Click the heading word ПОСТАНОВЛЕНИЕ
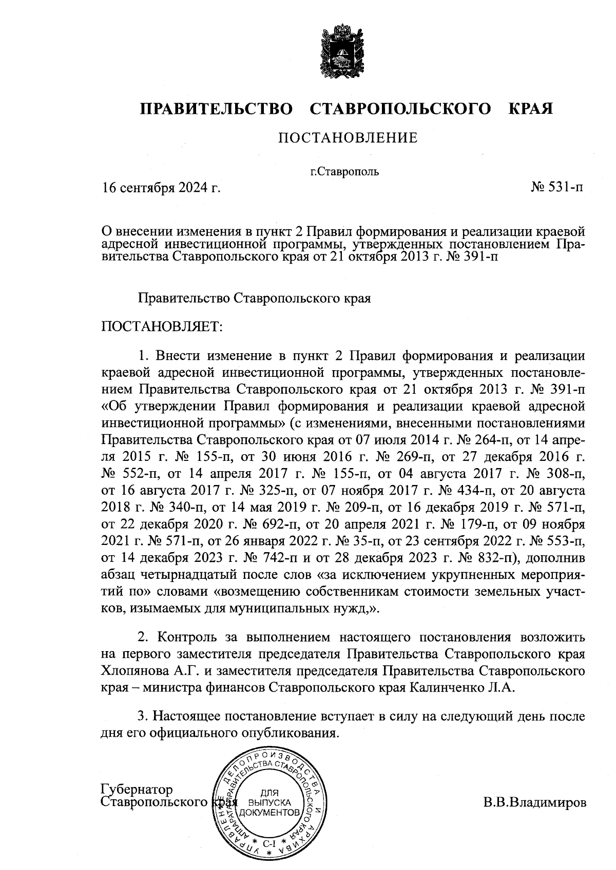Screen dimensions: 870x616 click(348, 138)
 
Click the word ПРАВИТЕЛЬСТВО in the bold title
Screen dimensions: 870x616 click(217, 109)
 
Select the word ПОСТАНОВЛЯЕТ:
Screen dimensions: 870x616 click(162, 326)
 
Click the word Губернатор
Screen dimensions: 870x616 click(137, 789)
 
